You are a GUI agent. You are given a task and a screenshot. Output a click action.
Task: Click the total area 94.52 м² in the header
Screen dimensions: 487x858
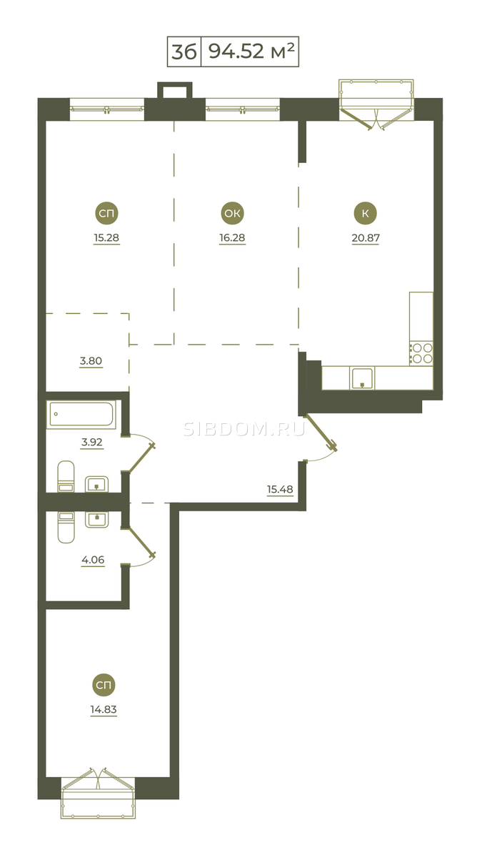click(251, 51)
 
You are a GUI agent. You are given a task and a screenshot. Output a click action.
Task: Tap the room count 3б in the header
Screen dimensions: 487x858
click(184, 51)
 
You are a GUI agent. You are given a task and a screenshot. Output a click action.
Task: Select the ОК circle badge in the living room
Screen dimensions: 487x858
click(232, 213)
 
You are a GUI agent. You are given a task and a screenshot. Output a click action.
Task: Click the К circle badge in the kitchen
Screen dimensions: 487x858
click(366, 213)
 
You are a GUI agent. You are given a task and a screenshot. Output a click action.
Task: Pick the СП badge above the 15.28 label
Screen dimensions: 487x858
click(106, 213)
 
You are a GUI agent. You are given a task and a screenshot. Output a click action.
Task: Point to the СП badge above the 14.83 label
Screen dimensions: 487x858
click(104, 685)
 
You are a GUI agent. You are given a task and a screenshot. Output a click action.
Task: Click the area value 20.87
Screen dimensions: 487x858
click(366, 238)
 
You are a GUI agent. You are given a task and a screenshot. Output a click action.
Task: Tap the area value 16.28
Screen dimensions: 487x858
click(232, 238)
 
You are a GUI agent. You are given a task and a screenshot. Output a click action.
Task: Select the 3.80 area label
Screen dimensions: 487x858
click(91, 361)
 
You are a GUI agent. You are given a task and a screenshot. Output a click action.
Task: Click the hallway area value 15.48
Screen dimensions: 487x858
click(280, 489)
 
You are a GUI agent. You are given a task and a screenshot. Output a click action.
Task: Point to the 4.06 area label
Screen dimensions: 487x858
click(93, 560)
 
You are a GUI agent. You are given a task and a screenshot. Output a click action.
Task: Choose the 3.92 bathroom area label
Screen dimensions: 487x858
click(92, 442)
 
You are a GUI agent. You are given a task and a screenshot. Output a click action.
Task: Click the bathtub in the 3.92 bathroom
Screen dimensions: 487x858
click(81, 414)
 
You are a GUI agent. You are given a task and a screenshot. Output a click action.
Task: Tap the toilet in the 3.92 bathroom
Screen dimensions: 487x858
click(66, 476)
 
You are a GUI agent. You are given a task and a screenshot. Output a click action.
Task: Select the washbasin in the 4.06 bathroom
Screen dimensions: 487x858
click(96, 520)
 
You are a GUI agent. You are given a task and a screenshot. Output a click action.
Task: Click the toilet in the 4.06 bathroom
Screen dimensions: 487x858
click(66, 528)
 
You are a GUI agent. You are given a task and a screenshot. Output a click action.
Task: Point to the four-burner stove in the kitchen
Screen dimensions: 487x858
click(421, 353)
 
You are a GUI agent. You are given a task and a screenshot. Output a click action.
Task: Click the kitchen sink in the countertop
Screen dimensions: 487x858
click(362, 378)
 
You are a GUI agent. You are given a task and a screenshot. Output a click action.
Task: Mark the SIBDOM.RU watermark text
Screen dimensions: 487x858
click(244, 429)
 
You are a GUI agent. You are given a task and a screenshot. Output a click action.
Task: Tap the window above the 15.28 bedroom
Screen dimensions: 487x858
click(106, 109)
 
